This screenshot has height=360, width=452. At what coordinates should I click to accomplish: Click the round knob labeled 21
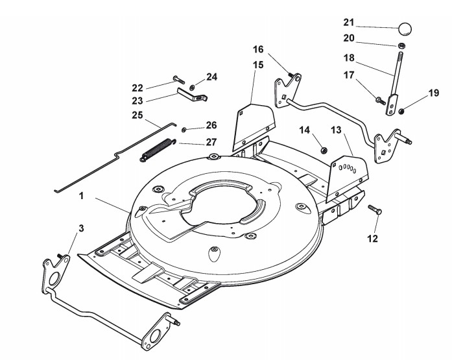(405, 29)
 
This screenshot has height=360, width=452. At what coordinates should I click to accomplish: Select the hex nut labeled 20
(402, 45)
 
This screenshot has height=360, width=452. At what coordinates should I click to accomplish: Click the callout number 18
(350, 57)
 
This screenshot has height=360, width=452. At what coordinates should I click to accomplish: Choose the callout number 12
(372, 239)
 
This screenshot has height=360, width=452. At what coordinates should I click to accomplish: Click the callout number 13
(335, 130)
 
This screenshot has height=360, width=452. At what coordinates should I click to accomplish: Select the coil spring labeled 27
(158, 150)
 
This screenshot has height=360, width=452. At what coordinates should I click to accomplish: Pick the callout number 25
(137, 115)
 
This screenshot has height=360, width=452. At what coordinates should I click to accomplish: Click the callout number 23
(137, 100)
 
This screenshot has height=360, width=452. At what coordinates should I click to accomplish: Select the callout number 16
(258, 49)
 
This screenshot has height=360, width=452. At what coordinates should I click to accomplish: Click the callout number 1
(82, 194)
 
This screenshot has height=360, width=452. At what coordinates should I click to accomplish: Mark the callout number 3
(81, 228)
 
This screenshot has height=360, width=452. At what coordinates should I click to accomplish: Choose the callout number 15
(258, 65)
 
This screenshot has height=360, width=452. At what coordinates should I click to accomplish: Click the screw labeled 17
(377, 100)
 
